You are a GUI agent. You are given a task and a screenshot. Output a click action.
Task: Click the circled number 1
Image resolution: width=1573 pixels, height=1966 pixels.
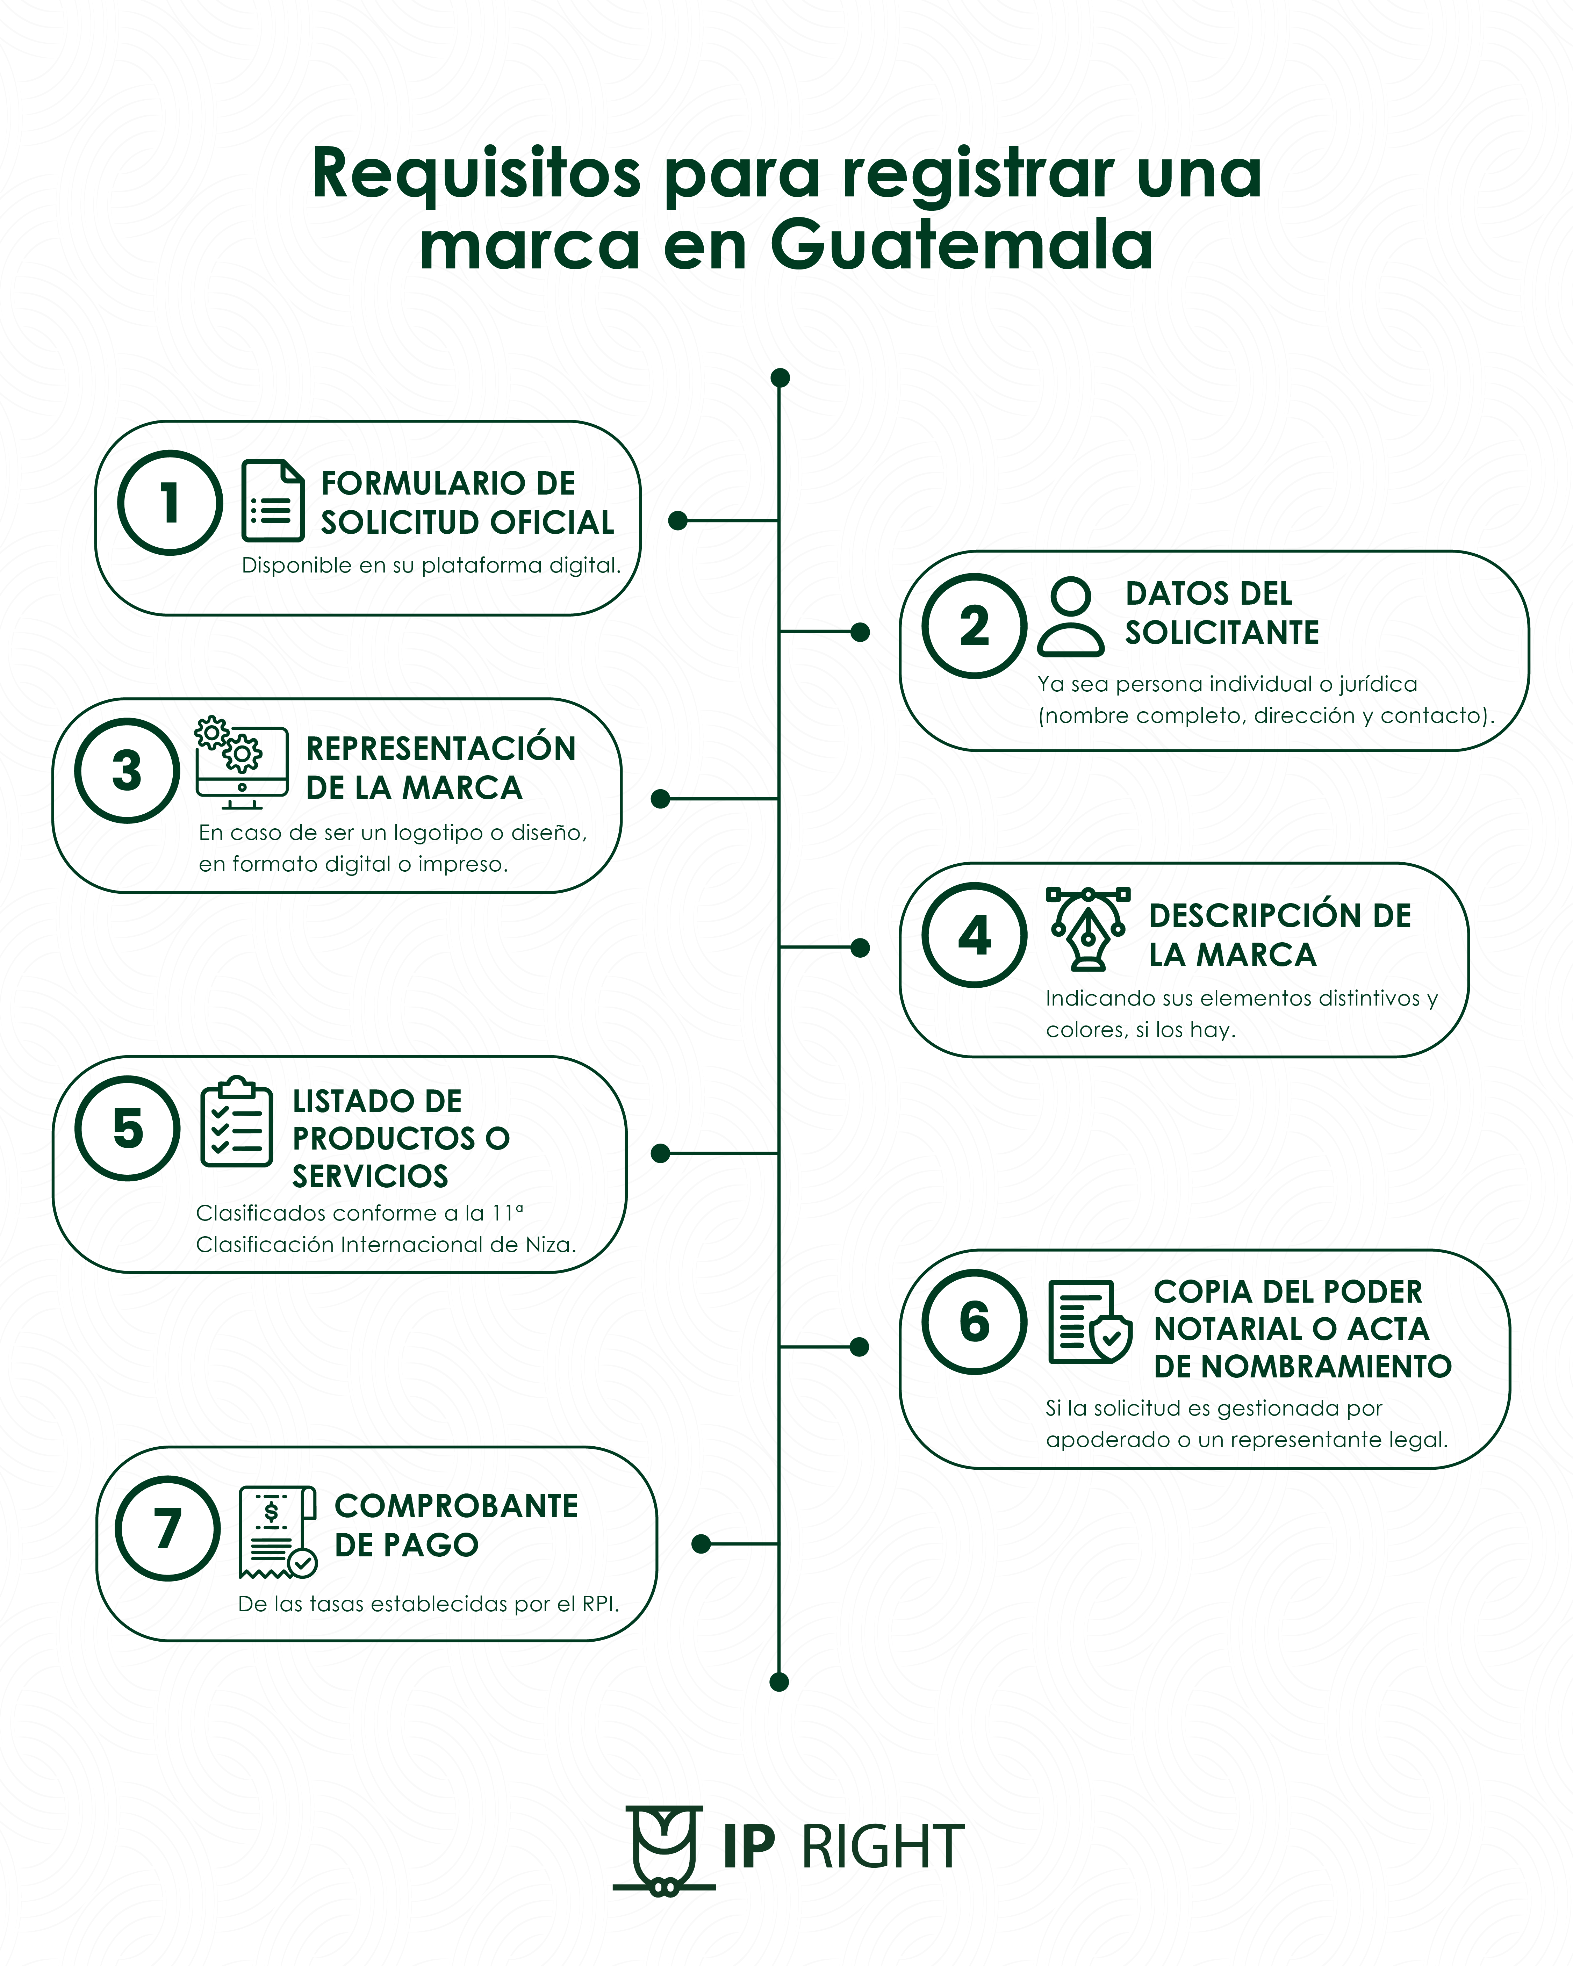click(170, 503)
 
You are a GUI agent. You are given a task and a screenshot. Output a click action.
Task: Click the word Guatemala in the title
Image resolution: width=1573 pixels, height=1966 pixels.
click(962, 244)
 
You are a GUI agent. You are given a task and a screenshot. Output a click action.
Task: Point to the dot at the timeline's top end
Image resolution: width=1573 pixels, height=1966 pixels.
click(780, 377)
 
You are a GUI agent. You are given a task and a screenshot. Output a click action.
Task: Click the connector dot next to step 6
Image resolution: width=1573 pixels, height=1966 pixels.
click(859, 1347)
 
